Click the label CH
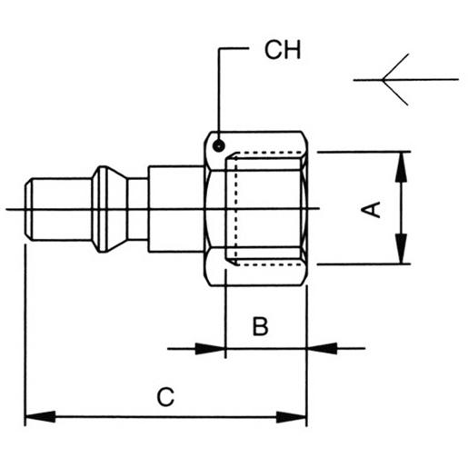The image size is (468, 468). [282, 49]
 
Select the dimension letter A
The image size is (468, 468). [371, 210]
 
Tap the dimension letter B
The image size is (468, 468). [260, 326]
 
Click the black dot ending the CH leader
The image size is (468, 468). [219, 143]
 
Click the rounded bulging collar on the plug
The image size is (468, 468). [112, 210]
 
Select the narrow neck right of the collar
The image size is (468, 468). [137, 210]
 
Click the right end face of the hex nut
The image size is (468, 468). [306, 210]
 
